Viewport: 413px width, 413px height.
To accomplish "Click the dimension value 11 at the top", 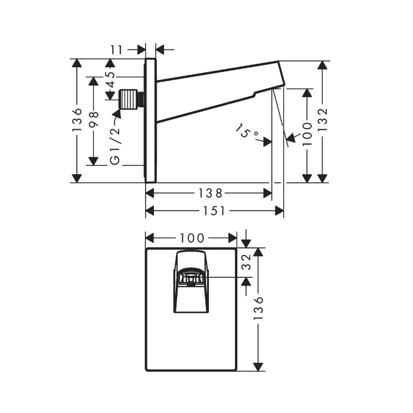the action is [117, 50].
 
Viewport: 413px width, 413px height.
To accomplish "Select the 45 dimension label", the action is [111, 80].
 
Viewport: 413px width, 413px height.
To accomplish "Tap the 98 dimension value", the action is [94, 119].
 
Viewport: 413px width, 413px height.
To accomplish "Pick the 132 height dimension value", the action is [322, 120].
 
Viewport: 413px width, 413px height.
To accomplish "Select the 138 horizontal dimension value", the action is [210, 194].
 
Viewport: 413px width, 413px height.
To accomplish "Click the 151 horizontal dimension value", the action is [214, 211].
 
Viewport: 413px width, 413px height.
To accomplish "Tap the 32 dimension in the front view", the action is [246, 262].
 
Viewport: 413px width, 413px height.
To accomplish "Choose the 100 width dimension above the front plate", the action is [192, 238].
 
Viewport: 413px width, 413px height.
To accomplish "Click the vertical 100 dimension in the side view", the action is [307, 133].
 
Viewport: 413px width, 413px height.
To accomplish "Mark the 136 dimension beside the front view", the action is [258, 307].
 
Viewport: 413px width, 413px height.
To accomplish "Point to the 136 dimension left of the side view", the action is [77, 120].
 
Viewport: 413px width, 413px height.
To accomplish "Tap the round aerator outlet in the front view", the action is [191, 278].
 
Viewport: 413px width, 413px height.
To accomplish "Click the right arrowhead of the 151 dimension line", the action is [280, 211].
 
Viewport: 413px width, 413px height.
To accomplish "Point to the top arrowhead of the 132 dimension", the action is [322, 65].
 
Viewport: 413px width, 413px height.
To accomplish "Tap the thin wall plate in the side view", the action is [151, 120].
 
